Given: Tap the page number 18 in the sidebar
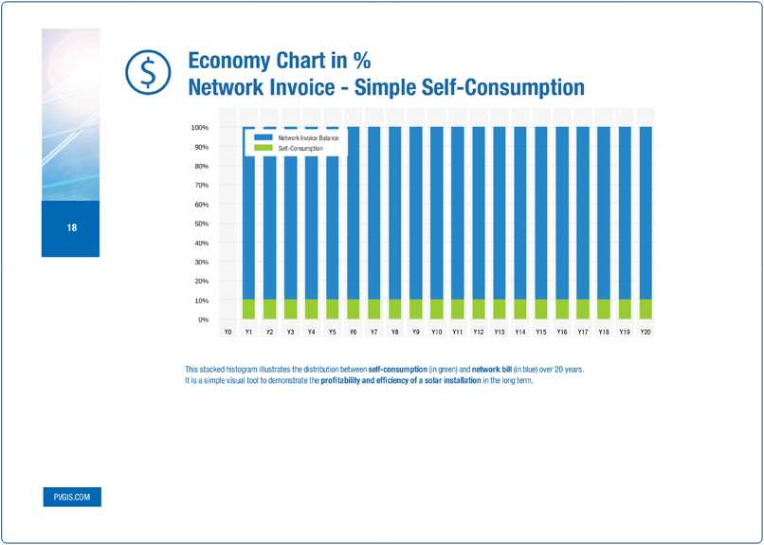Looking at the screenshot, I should (x=71, y=228).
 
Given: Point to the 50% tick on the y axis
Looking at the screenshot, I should (x=202, y=224).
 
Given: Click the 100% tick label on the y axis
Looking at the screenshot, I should (x=199, y=127).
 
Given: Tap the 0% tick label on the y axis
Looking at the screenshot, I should (x=202, y=319).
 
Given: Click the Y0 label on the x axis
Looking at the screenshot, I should (x=228, y=333).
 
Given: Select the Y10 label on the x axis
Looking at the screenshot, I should (x=436, y=333).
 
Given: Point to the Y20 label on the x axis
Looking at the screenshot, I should (x=646, y=333).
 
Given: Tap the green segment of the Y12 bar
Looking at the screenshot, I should (x=479, y=310).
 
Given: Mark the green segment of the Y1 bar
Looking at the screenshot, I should (x=249, y=310).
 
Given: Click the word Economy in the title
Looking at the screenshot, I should (x=230, y=61).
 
